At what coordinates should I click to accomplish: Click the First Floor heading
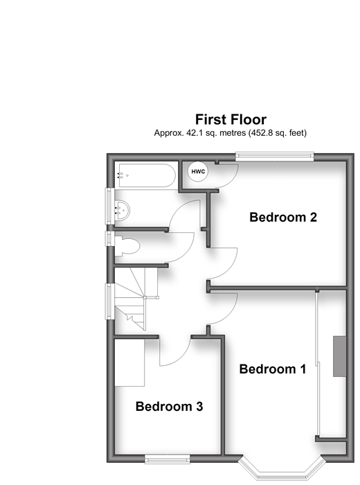click(231, 119)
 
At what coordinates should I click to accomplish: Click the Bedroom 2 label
click(283, 217)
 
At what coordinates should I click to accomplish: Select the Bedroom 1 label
click(273, 369)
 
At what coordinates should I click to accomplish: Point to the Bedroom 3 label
click(170, 406)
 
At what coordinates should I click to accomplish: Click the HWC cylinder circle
click(198, 172)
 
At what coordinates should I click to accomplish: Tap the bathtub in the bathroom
click(145, 175)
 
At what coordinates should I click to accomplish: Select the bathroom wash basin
click(122, 211)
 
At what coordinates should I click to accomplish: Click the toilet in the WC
click(127, 246)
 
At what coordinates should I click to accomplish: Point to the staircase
click(136, 299)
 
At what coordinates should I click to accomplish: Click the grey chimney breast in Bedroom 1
click(339, 356)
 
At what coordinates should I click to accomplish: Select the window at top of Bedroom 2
click(274, 156)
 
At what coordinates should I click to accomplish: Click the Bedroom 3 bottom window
click(167, 459)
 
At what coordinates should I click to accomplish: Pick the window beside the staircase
click(110, 301)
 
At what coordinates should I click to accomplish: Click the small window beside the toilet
click(110, 238)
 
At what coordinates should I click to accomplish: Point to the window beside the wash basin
click(110, 206)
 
